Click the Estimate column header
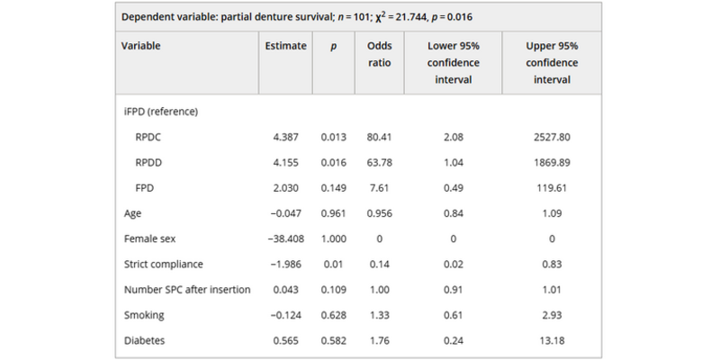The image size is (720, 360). click(283, 46)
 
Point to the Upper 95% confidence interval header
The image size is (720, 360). click(552, 63)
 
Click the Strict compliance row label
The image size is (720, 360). click(165, 265)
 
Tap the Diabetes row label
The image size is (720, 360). click(144, 340)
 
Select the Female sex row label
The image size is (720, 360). click(149, 239)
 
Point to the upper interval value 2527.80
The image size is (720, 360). click(552, 138)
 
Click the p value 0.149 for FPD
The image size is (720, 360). click(333, 189)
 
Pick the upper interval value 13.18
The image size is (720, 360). click(552, 340)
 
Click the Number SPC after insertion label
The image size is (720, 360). click(186, 290)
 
